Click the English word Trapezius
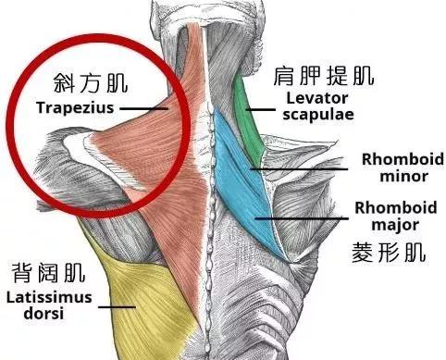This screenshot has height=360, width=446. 74,107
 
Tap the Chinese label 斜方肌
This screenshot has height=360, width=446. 76,82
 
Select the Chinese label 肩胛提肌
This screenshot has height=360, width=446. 314,75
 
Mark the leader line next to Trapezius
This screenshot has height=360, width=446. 143,108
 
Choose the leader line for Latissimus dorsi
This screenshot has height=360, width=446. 116,306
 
